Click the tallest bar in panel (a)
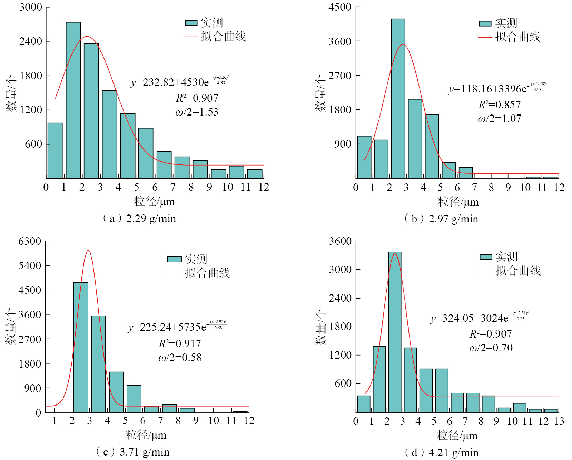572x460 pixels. (x=73, y=100)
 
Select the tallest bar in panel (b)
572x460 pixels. (x=398, y=98)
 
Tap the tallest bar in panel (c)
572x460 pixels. (x=81, y=347)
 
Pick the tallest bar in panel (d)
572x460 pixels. (x=395, y=332)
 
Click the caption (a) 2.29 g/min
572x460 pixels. (x=139, y=219)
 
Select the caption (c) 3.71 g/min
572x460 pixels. (x=133, y=452)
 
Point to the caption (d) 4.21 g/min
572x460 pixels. (x=442, y=452)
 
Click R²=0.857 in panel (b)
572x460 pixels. (x=499, y=104)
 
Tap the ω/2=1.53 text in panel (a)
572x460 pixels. (x=197, y=112)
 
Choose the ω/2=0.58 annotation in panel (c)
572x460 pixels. (x=180, y=358)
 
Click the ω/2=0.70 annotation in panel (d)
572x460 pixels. (x=491, y=348)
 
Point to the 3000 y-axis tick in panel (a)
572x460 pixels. (x=31, y=7)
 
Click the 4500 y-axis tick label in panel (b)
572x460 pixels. (x=340, y=7)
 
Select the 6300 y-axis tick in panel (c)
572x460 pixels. (x=30, y=241)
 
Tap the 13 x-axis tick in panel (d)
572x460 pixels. (x=559, y=421)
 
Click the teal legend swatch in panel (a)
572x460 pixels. (x=191, y=23)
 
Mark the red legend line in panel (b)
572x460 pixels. (x=485, y=37)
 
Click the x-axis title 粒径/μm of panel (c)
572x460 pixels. (x=146, y=435)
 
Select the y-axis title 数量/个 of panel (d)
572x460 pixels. (x=320, y=327)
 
